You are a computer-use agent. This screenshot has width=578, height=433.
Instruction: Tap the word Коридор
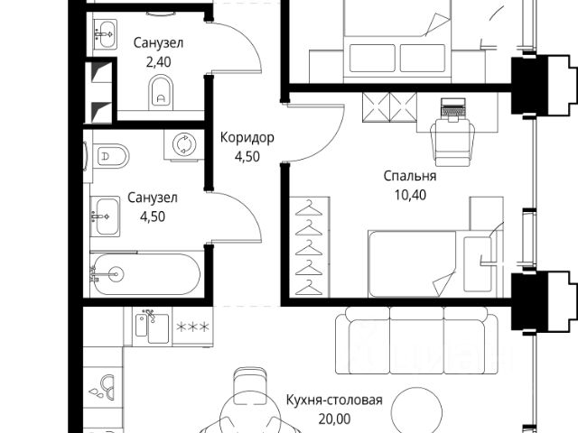(247, 137)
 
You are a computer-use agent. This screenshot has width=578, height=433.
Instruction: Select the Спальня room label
(408, 177)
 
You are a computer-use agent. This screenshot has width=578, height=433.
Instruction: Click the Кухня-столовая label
(334, 401)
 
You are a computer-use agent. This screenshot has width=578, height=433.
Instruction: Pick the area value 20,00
(334, 418)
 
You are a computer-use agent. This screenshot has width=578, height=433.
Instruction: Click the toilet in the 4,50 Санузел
(109, 156)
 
